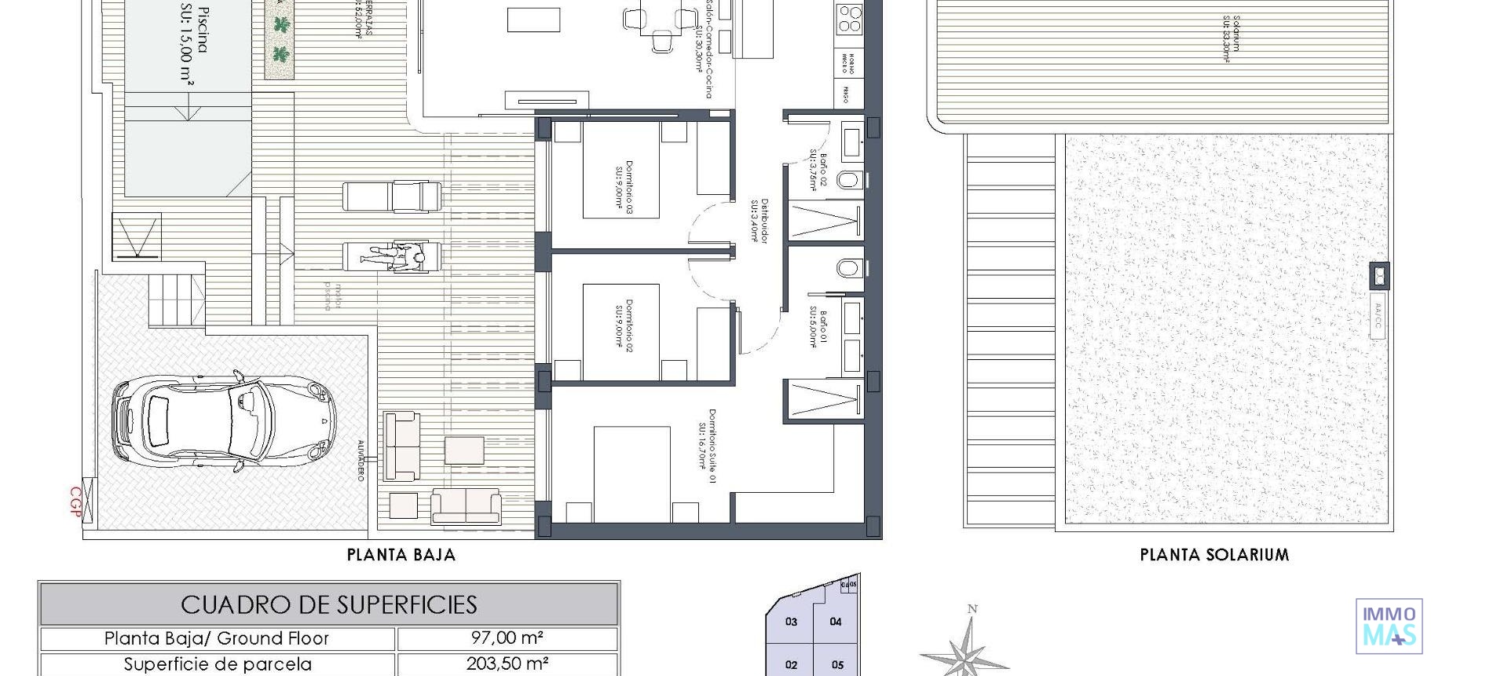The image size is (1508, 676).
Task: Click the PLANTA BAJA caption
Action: point(401,555)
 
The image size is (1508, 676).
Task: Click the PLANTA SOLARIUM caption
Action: point(1214,555)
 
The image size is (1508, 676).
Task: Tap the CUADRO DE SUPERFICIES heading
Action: point(328,604)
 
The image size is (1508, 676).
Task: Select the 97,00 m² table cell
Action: point(507,638)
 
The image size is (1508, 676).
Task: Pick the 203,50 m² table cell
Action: point(507,663)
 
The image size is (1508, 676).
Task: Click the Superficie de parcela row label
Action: point(217,663)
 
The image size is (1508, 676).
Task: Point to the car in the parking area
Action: point(224,420)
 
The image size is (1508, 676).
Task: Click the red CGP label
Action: point(76,502)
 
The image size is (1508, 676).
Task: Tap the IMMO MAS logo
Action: point(1389,626)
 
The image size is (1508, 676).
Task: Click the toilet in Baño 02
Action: point(848,180)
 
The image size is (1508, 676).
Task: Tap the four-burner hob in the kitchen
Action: point(848,18)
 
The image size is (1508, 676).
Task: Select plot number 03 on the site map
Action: point(791,622)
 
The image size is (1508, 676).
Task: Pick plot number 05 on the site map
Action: point(837,665)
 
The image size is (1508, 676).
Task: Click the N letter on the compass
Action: point(972,608)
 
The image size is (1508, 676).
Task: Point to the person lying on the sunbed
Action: point(398,256)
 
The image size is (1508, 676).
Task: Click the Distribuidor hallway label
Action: point(759,221)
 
